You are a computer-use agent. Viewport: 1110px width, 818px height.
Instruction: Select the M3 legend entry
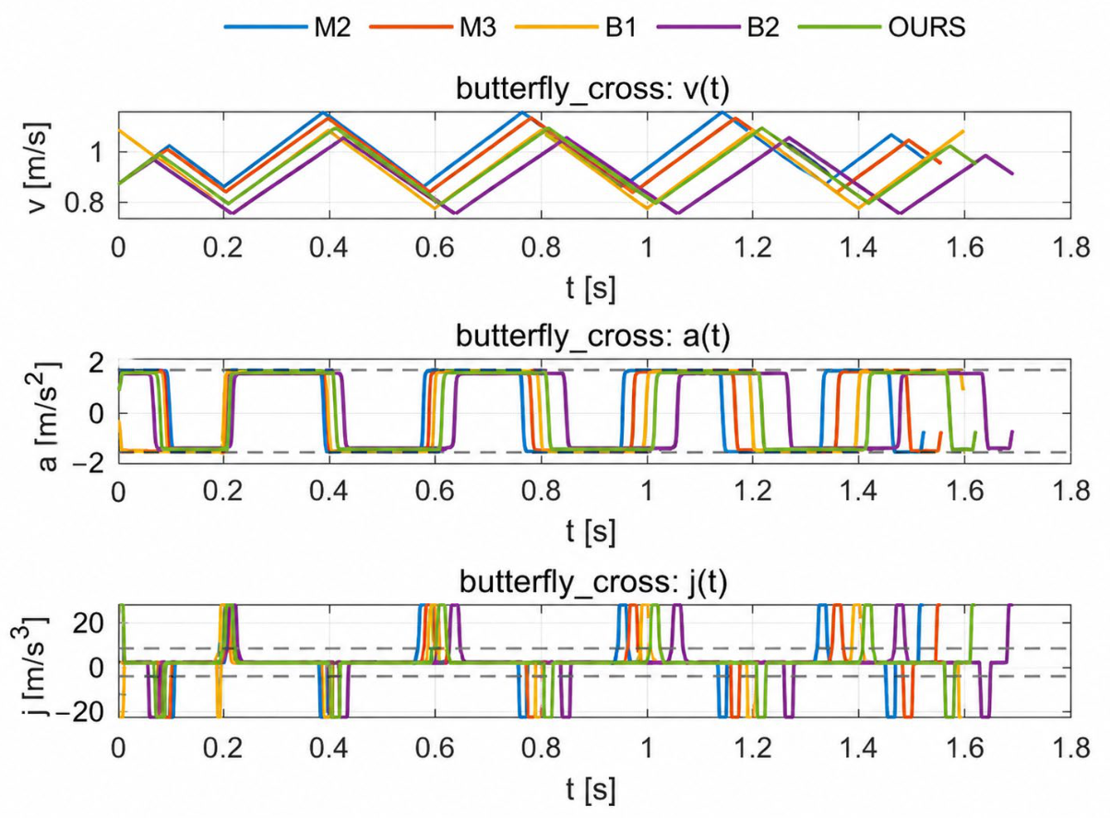tap(433, 27)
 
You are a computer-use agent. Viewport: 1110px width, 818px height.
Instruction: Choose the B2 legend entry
tap(718, 27)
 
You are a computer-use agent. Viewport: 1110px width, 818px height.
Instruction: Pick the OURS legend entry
tap(882, 27)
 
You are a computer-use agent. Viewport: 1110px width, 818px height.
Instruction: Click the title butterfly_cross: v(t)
tap(592, 89)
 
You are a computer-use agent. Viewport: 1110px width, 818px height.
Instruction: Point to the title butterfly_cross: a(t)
tap(592, 337)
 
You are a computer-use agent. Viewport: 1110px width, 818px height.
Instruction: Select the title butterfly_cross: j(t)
tap(592, 582)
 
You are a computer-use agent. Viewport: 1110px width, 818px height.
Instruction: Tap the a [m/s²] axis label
tap(46, 416)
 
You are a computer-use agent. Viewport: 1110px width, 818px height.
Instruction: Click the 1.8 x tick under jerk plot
tap(1070, 748)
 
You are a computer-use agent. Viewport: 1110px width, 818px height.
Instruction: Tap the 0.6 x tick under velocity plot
tap(435, 247)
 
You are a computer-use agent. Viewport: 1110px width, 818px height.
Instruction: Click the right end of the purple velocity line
tap(1013, 173)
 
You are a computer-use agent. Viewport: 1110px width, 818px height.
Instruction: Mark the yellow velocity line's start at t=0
tap(118, 130)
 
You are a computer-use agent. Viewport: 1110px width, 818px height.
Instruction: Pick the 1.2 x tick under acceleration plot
tap(752, 492)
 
